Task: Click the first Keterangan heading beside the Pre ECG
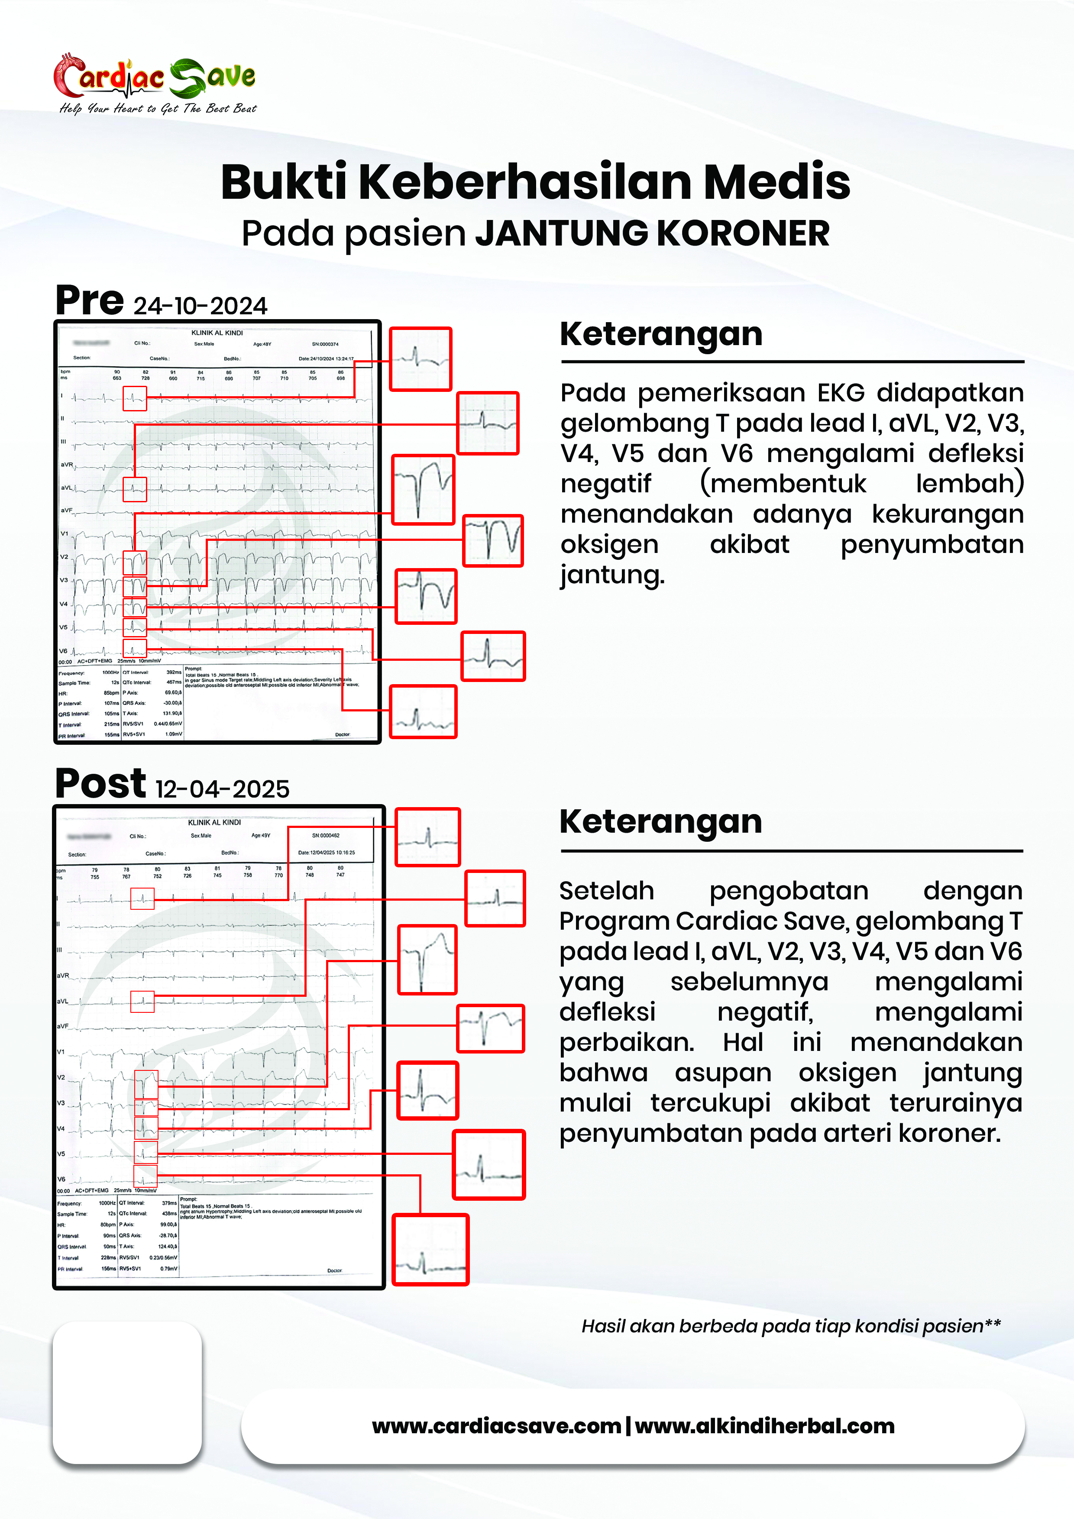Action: pos(661,334)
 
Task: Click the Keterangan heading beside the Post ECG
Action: pos(660,822)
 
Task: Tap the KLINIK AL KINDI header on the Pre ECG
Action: pos(217,333)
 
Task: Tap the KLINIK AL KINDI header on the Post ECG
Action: pos(214,822)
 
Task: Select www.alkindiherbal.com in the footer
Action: pos(765,1426)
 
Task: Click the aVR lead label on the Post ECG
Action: pos(63,975)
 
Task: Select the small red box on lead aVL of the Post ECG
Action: pos(142,1002)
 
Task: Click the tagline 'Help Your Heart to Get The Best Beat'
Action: pos(158,109)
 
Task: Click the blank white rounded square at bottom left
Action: pos(127,1393)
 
